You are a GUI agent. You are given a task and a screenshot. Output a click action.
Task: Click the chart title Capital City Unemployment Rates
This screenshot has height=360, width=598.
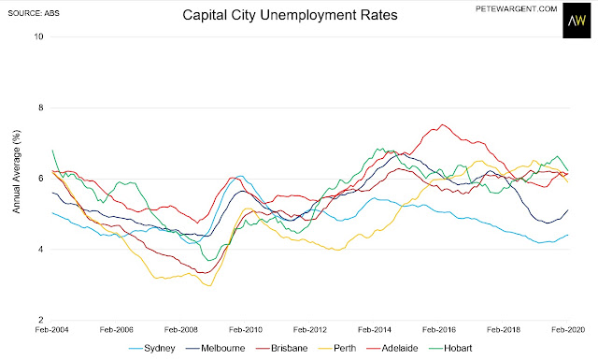(290, 15)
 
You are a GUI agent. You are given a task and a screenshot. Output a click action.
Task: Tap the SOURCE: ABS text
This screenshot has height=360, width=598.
(34, 13)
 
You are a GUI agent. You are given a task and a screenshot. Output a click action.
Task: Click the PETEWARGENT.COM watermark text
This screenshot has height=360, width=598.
(516, 8)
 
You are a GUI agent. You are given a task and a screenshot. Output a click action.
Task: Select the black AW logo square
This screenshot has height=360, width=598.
(577, 21)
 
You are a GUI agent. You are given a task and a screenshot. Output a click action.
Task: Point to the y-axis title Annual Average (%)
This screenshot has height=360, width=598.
(17, 171)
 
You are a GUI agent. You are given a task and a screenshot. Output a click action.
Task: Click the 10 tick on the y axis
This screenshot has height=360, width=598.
(38, 36)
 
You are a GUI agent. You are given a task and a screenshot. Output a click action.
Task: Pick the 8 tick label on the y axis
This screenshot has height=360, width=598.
(41, 108)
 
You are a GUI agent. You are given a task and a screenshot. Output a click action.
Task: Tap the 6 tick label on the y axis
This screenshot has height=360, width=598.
(41, 179)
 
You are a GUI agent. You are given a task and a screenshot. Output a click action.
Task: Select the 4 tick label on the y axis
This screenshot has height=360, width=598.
(41, 250)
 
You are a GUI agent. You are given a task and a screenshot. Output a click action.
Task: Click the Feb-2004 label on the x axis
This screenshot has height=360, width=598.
(51, 329)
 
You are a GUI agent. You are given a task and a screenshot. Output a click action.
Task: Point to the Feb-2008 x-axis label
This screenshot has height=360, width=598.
(180, 329)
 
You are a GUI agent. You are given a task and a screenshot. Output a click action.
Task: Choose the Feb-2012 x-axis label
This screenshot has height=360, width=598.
(310, 329)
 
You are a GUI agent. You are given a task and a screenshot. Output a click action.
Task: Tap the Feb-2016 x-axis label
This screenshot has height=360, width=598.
(439, 329)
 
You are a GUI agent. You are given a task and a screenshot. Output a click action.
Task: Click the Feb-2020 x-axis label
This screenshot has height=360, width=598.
(568, 329)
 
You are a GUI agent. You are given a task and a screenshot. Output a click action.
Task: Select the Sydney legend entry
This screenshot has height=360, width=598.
(151, 348)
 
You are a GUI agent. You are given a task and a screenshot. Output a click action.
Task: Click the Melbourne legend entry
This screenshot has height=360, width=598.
(216, 348)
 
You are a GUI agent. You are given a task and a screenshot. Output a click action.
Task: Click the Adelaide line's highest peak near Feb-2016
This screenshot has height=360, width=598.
(442, 124)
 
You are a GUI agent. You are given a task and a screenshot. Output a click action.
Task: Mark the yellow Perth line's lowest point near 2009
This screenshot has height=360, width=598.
(209, 285)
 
